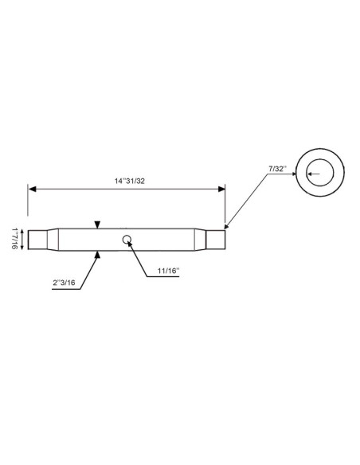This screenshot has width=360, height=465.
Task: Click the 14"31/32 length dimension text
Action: pyautogui.click(x=130, y=181)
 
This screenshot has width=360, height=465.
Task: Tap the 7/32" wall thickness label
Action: pyautogui.click(x=277, y=169)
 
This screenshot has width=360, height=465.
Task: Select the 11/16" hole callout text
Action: pyautogui.click(x=168, y=271)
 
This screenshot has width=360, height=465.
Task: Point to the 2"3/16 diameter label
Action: pyautogui.click(x=64, y=283)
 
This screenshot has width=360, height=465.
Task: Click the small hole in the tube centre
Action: pyautogui.click(x=127, y=239)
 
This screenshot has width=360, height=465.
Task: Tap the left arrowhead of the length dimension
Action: pyautogui.click(x=32, y=189)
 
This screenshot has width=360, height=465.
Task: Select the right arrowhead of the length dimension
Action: pyautogui.click(x=221, y=189)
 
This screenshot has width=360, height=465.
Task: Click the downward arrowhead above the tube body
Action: pyautogui.click(x=97, y=225)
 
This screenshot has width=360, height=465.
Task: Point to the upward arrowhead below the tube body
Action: pyautogui.click(x=97, y=255)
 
